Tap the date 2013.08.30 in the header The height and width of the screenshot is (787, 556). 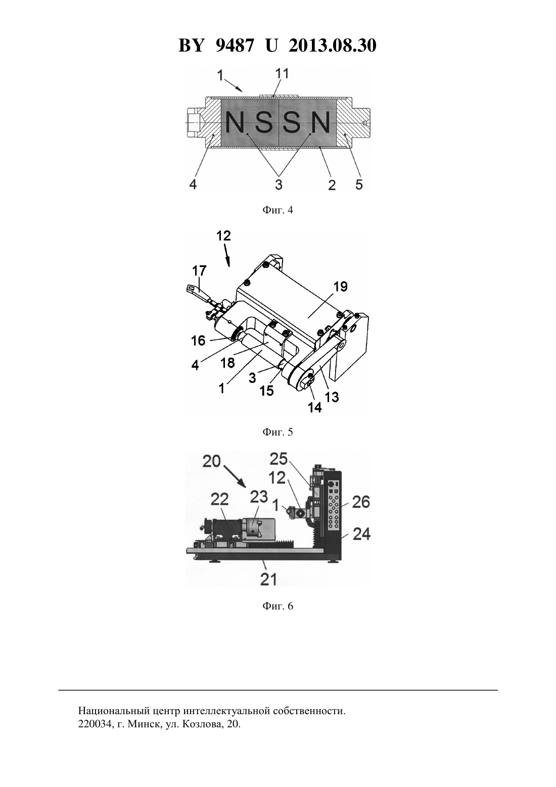(x=333, y=46)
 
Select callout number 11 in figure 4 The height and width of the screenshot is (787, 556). (x=282, y=73)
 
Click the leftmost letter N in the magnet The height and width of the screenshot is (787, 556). (x=235, y=122)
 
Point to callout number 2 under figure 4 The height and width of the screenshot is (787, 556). (x=332, y=185)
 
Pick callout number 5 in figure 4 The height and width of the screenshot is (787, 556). (x=359, y=184)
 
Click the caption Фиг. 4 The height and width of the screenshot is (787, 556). (x=277, y=210)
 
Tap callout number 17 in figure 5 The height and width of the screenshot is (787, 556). (x=199, y=271)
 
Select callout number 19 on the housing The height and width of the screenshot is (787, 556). (x=340, y=286)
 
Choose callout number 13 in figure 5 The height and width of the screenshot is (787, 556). (x=332, y=397)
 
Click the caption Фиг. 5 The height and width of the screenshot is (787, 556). (x=277, y=432)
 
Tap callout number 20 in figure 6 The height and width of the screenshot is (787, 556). (x=212, y=461)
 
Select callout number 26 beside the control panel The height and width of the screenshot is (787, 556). (x=361, y=502)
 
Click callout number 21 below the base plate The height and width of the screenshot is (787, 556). (x=268, y=579)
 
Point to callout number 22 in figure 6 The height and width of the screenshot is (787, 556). (x=219, y=499)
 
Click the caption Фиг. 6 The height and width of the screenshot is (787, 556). (x=277, y=606)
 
